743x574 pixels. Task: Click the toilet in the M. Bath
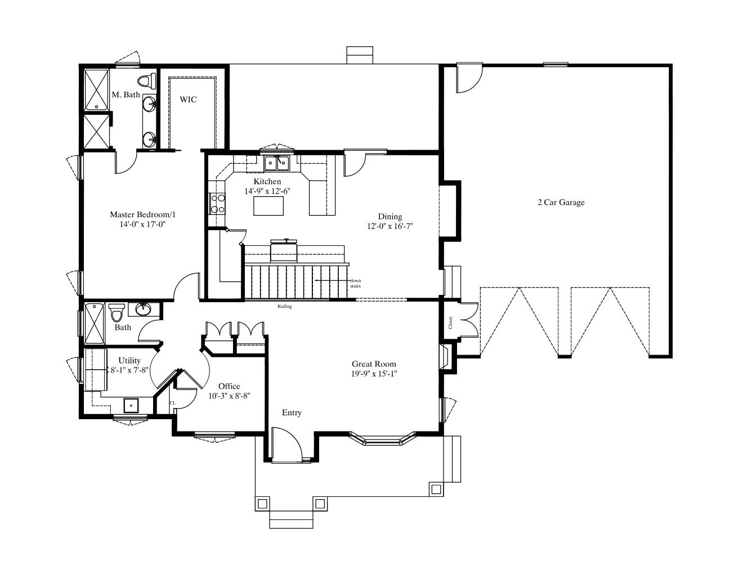tap(147, 82)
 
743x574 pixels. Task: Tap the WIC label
tap(188, 100)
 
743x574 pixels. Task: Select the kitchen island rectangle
tap(268, 206)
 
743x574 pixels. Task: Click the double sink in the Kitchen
tap(277, 163)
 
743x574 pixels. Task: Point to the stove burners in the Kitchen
tap(217, 203)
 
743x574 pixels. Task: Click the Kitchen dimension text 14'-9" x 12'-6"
tap(267, 191)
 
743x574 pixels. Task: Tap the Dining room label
tap(390, 217)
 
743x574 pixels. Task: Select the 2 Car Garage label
tap(561, 203)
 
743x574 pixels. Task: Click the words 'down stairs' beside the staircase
tap(356, 284)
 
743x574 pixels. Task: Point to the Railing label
tap(284, 307)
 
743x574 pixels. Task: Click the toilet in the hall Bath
tap(117, 312)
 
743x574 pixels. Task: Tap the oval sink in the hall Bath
tap(144, 310)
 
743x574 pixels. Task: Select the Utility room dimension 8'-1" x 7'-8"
tap(129, 370)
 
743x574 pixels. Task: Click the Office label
tap(229, 386)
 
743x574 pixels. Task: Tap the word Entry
tap(292, 413)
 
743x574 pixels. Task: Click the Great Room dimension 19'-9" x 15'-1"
tap(374, 374)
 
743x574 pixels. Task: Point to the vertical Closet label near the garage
tap(450, 322)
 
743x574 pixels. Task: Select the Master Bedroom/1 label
tap(142, 215)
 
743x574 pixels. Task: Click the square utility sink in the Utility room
tap(131, 406)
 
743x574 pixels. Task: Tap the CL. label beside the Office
tap(173, 403)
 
